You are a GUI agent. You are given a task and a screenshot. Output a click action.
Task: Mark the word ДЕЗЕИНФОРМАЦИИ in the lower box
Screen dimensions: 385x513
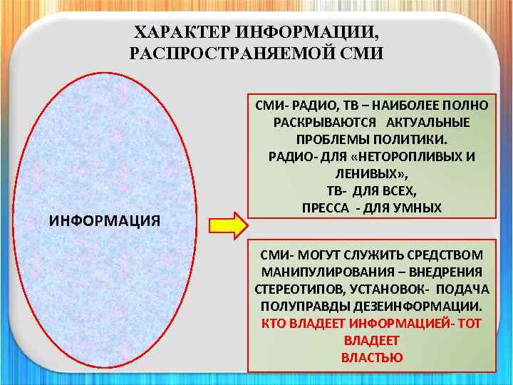point(423,306)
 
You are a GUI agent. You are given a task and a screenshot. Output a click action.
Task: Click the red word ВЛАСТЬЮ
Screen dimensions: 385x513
point(372,357)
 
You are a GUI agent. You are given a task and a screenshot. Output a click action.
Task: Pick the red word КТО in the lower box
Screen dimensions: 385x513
point(274,323)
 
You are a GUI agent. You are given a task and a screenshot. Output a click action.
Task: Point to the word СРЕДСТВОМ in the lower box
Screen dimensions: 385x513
point(441,255)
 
